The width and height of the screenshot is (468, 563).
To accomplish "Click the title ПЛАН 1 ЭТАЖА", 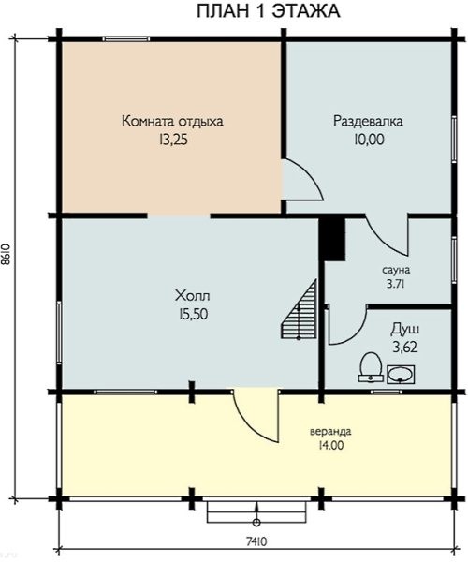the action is (x=268, y=11).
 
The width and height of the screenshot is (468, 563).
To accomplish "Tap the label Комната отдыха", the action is (x=172, y=122).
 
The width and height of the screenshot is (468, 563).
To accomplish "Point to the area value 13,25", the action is (x=173, y=140).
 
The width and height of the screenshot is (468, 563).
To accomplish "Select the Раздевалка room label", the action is (x=368, y=122).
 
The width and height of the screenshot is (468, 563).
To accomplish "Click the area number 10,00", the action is (x=369, y=140).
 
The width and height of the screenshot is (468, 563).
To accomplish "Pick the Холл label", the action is (x=193, y=296).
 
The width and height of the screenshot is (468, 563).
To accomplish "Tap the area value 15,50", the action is (x=193, y=315).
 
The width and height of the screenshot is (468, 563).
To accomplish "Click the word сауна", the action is (x=396, y=269).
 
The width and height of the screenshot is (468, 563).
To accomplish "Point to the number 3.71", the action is (x=396, y=284).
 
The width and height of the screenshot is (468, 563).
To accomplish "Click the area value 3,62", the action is (x=405, y=348).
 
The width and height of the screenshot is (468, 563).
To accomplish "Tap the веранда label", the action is (x=330, y=431).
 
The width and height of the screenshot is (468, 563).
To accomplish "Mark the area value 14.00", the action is (x=330, y=446).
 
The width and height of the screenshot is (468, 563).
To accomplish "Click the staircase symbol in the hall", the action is (x=299, y=309).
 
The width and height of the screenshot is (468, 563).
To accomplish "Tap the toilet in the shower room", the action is (x=371, y=367).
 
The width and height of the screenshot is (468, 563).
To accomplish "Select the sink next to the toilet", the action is (x=401, y=375).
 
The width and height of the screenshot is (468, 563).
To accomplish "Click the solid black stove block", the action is (x=332, y=238).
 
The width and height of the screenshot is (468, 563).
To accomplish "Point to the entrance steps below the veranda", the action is (x=256, y=512).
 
